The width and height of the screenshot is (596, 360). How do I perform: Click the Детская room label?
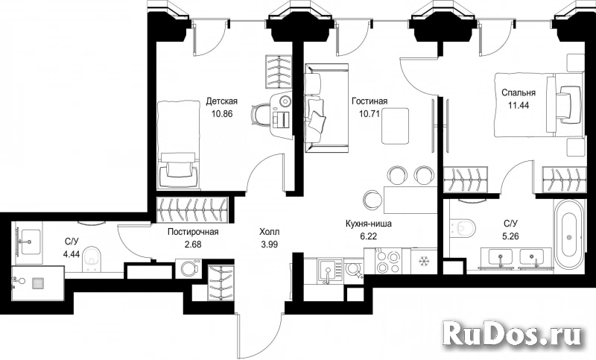click(221, 101)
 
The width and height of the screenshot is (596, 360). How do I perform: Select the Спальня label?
click(519, 92)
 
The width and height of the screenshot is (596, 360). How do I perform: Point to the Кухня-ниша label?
click(368, 224)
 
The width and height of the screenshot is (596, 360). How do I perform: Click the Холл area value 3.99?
click(269, 244)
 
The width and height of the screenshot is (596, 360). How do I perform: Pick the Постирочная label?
click(193, 232)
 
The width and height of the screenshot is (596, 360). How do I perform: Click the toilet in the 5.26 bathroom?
click(463, 228)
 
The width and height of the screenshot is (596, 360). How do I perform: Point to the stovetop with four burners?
click(387, 261)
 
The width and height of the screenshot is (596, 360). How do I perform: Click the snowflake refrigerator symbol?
click(422, 262)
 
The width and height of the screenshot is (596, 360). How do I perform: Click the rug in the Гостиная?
click(396, 126)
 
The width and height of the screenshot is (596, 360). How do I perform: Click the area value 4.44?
click(72, 254)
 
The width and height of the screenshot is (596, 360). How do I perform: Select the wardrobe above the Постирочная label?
click(192, 209)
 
